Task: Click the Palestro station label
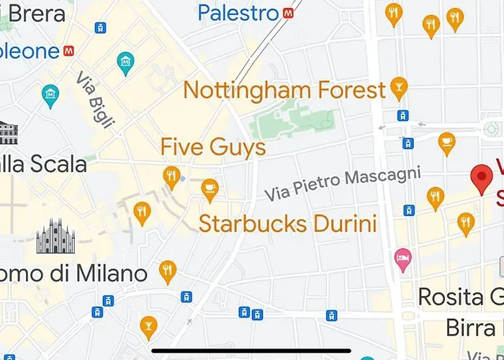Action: (238, 13)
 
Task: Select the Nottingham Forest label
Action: (284, 90)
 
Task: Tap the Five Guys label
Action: (213, 148)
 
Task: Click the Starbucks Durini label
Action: (288, 222)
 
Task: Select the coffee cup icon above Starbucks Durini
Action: (210, 187)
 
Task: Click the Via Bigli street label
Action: (96, 102)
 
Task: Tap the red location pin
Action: (481, 178)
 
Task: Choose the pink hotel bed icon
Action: (402, 256)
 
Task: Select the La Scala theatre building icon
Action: (8, 132)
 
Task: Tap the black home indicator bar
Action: (252, 351)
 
